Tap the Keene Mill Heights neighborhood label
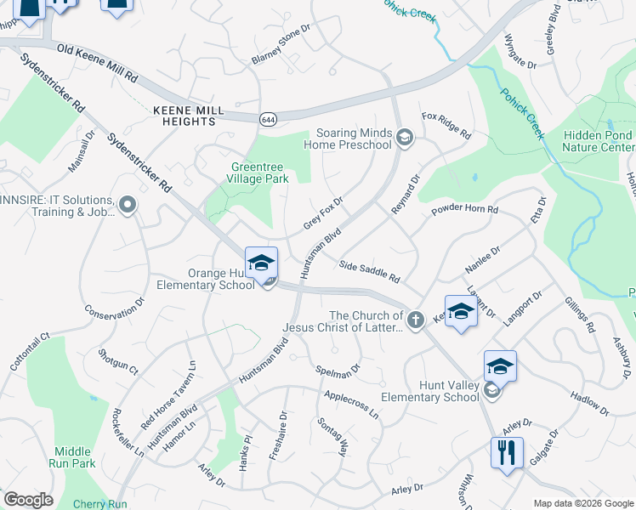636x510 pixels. (188, 116)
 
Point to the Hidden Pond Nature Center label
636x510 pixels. (598, 141)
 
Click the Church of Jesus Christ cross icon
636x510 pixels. (415, 320)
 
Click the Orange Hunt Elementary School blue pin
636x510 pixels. (261, 263)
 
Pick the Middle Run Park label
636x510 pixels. (74, 457)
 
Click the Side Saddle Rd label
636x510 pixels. (369, 271)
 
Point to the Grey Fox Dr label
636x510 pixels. (323, 214)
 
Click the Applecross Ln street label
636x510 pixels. (351, 403)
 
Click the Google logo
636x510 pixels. (28, 500)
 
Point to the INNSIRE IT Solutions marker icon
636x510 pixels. (128, 205)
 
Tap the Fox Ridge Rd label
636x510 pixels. (446, 125)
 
